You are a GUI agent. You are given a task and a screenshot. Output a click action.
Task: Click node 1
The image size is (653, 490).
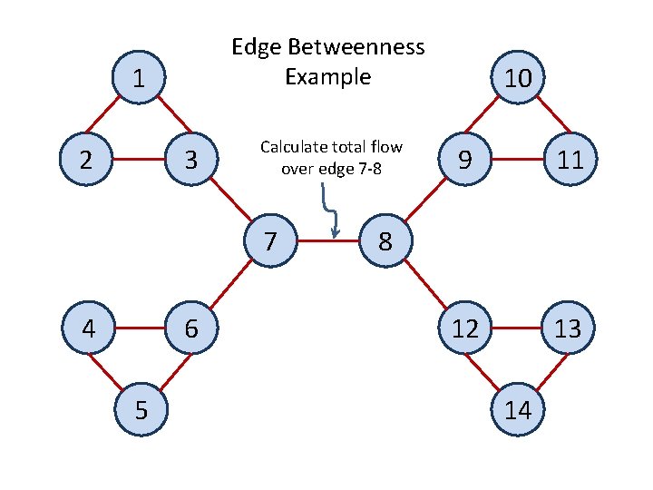(x=138, y=80)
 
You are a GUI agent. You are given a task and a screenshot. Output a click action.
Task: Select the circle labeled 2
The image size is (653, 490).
(x=85, y=161)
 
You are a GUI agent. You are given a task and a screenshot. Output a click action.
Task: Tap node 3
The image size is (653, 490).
(x=190, y=161)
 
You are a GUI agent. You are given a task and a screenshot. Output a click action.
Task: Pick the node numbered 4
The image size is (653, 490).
(x=87, y=328)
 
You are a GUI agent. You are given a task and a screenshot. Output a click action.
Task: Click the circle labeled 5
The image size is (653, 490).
(x=141, y=409)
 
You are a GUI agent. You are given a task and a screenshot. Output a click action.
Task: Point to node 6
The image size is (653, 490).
(x=191, y=328)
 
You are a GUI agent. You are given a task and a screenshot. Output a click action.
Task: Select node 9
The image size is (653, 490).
(x=464, y=161)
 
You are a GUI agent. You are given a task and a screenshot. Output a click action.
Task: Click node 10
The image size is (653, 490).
(x=517, y=80)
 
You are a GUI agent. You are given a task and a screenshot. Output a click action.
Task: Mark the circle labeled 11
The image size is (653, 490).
(x=569, y=161)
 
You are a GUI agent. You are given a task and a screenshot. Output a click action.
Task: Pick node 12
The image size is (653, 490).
(x=465, y=328)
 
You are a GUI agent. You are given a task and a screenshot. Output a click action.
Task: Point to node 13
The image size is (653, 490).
(x=568, y=328)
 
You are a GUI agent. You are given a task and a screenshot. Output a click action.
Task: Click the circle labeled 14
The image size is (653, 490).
(x=517, y=409)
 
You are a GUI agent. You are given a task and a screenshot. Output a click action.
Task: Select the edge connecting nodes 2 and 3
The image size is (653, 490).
(x=138, y=161)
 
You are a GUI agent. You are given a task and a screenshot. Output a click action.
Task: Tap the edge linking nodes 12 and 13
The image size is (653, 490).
(x=517, y=328)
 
